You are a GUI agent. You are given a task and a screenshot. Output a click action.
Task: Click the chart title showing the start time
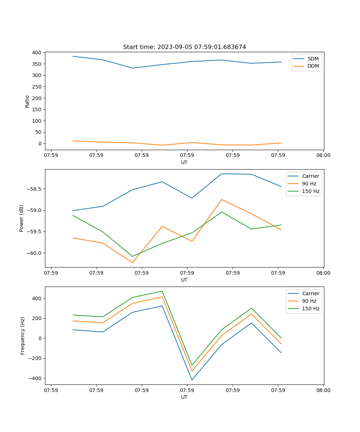click(184, 47)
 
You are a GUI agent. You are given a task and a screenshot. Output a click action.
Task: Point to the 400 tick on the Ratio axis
click(37, 53)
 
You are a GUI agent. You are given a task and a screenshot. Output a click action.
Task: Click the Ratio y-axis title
click(27, 101)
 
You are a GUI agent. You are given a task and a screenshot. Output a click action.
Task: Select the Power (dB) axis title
click(22, 218)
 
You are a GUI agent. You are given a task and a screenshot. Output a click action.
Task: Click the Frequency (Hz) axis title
click(22, 336)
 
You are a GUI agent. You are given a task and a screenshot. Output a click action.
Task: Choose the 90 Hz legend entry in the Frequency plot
click(309, 301)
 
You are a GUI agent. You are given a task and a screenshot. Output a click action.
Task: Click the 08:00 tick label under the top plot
click(323, 156)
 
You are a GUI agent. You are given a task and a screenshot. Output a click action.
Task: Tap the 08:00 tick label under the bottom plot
click(323, 390)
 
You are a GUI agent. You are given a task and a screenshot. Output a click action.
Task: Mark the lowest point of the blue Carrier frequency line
click(192, 380)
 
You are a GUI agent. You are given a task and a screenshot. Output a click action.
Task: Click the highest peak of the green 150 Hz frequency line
click(162, 291)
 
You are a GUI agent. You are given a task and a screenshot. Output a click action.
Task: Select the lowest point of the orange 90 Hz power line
click(132, 262)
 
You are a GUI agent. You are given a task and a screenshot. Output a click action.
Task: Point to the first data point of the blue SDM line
click(73, 56)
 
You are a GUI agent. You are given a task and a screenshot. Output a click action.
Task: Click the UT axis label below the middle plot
click(184, 280)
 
